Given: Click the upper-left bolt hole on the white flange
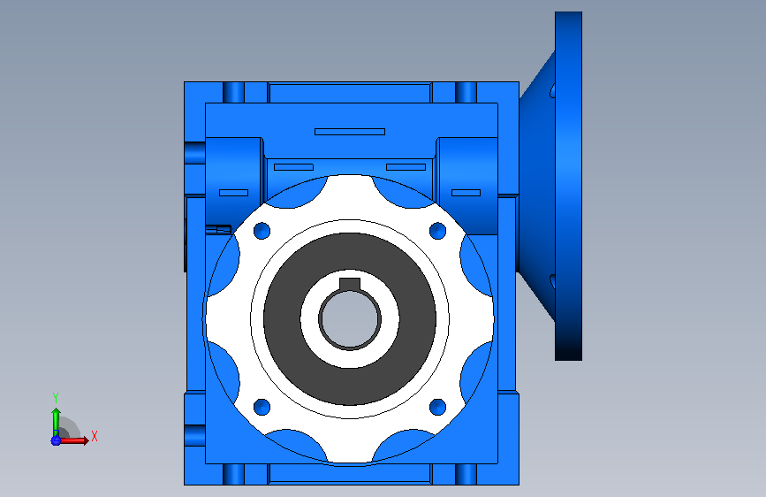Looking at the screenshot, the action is coord(262,231).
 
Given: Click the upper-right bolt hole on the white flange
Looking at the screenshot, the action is coord(437,231).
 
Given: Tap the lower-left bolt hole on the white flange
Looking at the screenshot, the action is coord(262,407).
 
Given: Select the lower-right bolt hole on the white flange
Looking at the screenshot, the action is coord(437,407).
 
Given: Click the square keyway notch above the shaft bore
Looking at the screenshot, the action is coord(350,284).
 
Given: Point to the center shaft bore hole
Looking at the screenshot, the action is coord(350,319).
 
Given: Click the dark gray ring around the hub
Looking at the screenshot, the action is coord(282,319).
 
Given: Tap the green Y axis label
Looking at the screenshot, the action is coord(56,398).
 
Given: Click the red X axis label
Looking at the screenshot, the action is coord(95,436).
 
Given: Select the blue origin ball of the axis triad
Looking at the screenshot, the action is coord(56,440).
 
